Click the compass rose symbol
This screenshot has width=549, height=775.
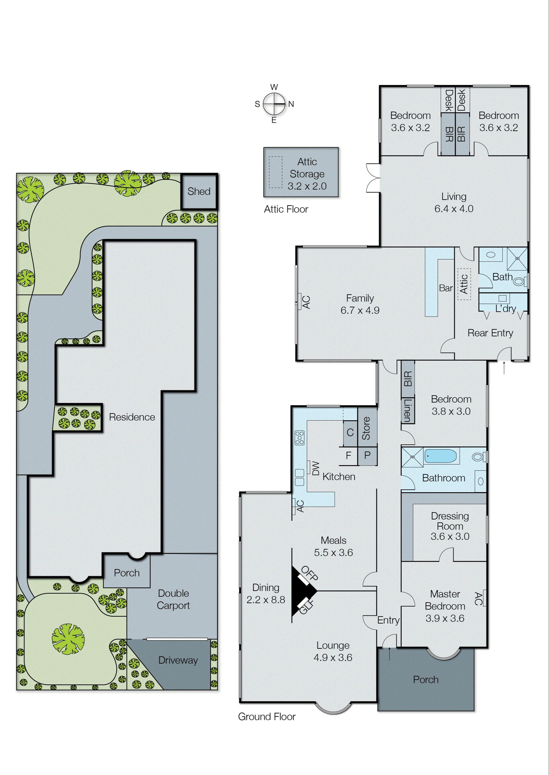pos(274,104)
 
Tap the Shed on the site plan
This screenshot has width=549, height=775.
pos(199,192)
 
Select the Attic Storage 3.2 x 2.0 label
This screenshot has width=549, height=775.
pos(307,174)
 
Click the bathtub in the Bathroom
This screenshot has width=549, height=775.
pos(440,456)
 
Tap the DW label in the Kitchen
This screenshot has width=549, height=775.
pos(315,468)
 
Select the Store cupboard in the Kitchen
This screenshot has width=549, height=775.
pos(367,428)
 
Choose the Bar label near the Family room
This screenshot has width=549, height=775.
pos(446,288)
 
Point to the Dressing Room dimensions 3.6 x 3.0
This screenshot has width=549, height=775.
pos(450,536)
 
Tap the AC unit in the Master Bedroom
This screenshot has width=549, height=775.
pos(483,598)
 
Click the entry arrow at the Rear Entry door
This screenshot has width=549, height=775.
pos(504,367)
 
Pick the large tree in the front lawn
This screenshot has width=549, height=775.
pos(68,639)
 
